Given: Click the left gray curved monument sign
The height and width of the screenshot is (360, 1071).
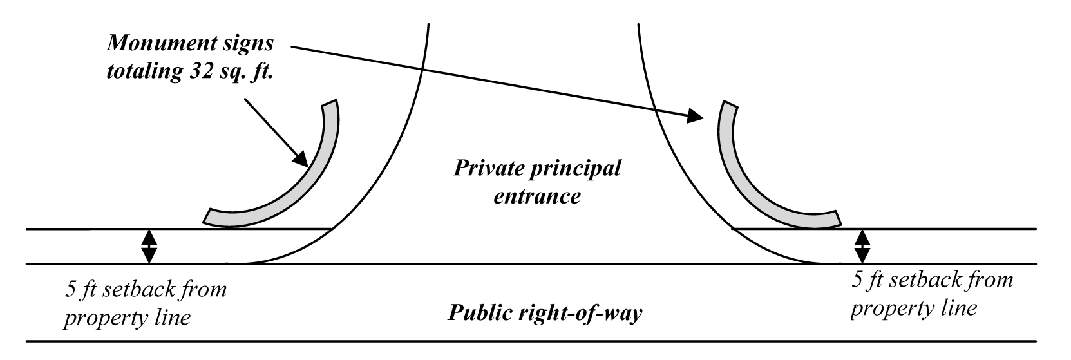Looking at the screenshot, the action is pyautogui.click(x=303, y=180).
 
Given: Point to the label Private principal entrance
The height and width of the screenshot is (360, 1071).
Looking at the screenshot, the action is pyautogui.click(x=537, y=182).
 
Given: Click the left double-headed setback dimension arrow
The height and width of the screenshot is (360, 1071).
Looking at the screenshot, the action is pyautogui.click(x=149, y=247).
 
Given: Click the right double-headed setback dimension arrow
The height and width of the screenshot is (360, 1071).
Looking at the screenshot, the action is pyautogui.click(x=862, y=247).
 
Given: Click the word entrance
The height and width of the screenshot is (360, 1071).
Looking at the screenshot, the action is pyautogui.click(x=537, y=196).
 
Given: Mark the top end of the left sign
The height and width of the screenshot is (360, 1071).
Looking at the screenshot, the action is pyautogui.click(x=330, y=104).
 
